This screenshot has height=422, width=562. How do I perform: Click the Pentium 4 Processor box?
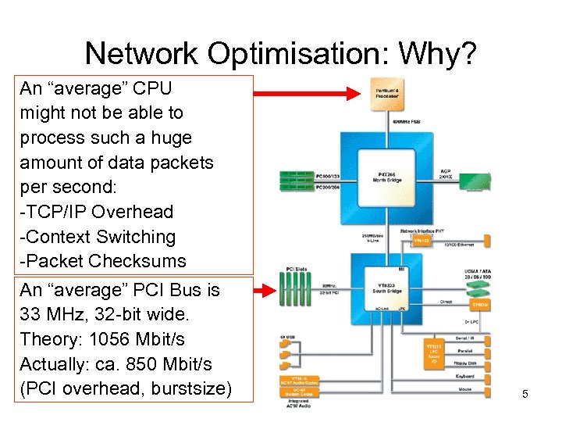[386, 95]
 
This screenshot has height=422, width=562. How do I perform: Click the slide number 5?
[525, 394]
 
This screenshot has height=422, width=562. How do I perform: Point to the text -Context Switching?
[98, 237]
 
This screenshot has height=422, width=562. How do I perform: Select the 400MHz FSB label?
[409, 122]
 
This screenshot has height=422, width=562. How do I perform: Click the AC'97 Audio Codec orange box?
[301, 381]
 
